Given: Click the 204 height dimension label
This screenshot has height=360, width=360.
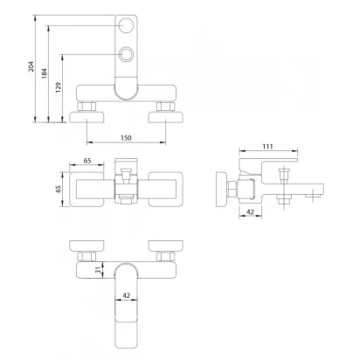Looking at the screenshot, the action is [31, 66].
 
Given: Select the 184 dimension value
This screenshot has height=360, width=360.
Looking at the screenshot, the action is [45, 73].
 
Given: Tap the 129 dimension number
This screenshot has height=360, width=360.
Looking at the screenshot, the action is [59, 87].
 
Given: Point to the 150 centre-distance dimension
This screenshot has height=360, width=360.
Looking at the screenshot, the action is [126, 137].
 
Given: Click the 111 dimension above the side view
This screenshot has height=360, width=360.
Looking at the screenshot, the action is [267, 146].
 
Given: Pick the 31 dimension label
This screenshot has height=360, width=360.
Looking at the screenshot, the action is [99, 270].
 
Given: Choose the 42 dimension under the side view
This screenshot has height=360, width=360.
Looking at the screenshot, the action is [250, 212].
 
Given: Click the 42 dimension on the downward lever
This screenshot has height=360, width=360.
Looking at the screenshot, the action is [126, 295].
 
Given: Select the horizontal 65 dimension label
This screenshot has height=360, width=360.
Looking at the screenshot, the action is [87, 161].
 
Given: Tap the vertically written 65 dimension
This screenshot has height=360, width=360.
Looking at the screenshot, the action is [59, 189].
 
